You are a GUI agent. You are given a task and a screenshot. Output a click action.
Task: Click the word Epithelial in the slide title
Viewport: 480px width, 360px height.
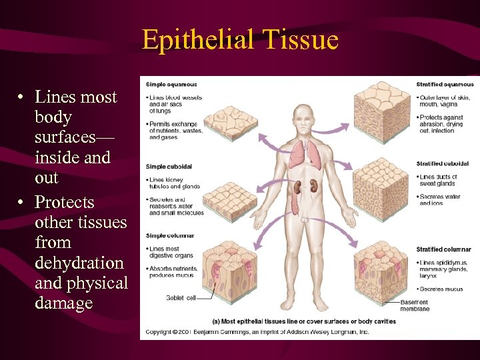pyautogui.click(x=197, y=40)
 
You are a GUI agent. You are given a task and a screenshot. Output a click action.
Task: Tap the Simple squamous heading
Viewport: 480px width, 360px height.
pyautogui.click(x=171, y=85)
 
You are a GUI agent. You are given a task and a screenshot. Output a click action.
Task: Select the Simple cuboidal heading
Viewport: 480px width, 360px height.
pyautogui.click(x=169, y=166)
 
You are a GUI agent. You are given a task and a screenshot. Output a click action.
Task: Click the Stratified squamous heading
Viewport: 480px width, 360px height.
pyautogui.click(x=445, y=85)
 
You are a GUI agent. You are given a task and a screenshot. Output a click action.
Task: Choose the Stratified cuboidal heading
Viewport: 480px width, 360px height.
pyautogui.click(x=443, y=163)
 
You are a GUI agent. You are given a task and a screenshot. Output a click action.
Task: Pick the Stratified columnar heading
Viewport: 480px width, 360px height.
pyautogui.click(x=443, y=249)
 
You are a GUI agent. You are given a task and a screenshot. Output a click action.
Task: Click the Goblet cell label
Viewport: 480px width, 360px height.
pyautogui.click(x=181, y=298)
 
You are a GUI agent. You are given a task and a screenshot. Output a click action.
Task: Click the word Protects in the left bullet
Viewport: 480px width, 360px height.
pyautogui.click(x=64, y=202)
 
